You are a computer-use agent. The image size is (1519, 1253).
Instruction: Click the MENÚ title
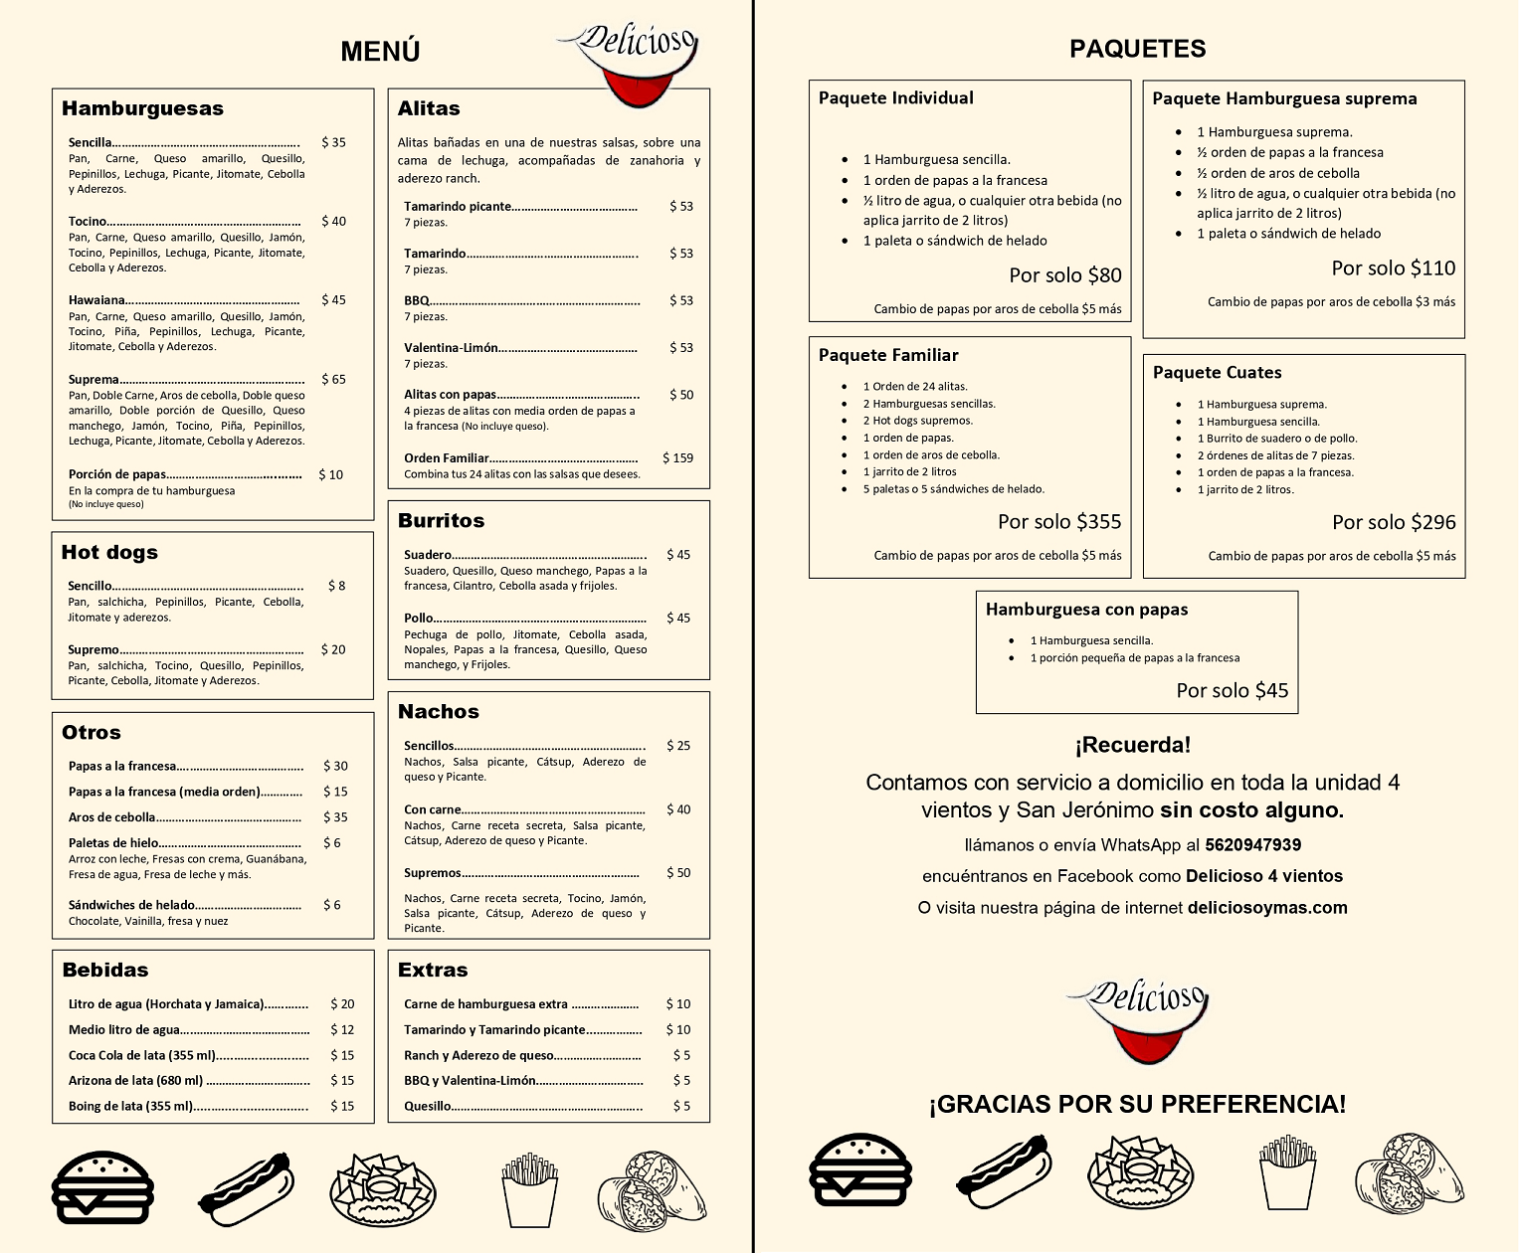[x=380, y=52]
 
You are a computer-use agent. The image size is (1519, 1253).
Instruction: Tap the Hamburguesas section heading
[x=142, y=108]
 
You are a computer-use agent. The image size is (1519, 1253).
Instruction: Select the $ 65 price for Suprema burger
[x=333, y=379]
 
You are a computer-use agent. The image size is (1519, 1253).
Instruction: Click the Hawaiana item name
[x=96, y=299]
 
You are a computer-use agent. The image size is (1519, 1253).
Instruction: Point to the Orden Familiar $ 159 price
[x=677, y=457]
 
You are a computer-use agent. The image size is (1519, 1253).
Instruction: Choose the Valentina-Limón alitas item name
[x=451, y=347]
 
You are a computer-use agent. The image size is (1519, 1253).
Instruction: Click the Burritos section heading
[x=441, y=520]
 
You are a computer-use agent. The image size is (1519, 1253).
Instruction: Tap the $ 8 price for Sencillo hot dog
[x=336, y=586]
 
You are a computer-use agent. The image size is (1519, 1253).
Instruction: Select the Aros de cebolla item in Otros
[x=111, y=817]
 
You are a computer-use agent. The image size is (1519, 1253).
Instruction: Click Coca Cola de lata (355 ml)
[x=141, y=1055]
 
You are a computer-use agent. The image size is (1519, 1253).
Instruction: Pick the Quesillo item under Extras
[x=427, y=1106]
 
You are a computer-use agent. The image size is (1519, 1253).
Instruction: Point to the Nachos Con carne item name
[x=432, y=809]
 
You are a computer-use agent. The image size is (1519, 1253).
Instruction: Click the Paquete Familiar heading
[x=888, y=355]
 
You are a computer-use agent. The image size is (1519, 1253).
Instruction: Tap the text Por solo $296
[x=1393, y=522]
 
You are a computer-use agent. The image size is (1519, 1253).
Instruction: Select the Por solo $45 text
[x=1232, y=690]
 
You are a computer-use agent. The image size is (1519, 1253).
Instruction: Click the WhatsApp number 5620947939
[x=1252, y=845]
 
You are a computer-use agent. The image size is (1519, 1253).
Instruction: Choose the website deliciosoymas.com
[x=1266, y=907]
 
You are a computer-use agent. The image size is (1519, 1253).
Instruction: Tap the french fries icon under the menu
[x=529, y=1189]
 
